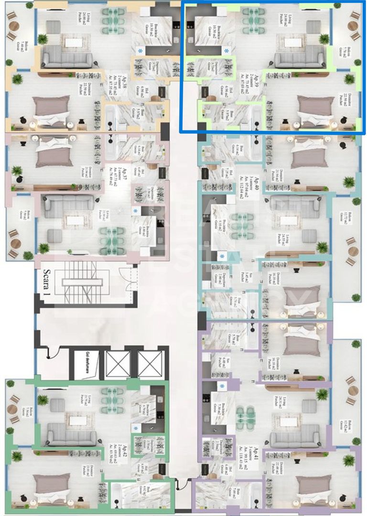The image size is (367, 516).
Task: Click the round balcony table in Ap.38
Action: [13, 27]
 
